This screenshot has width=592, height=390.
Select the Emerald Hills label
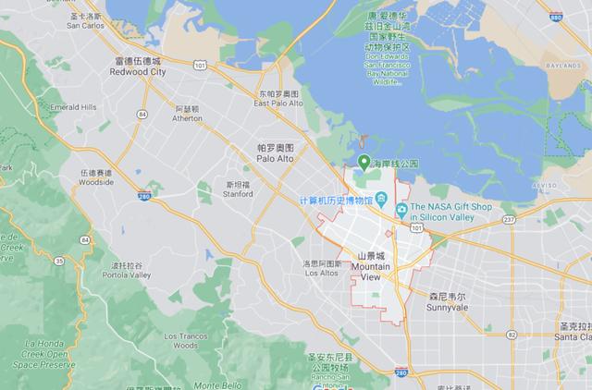(73, 107)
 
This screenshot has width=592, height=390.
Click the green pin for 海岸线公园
(364, 161)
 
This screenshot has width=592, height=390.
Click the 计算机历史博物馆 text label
(341, 201)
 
